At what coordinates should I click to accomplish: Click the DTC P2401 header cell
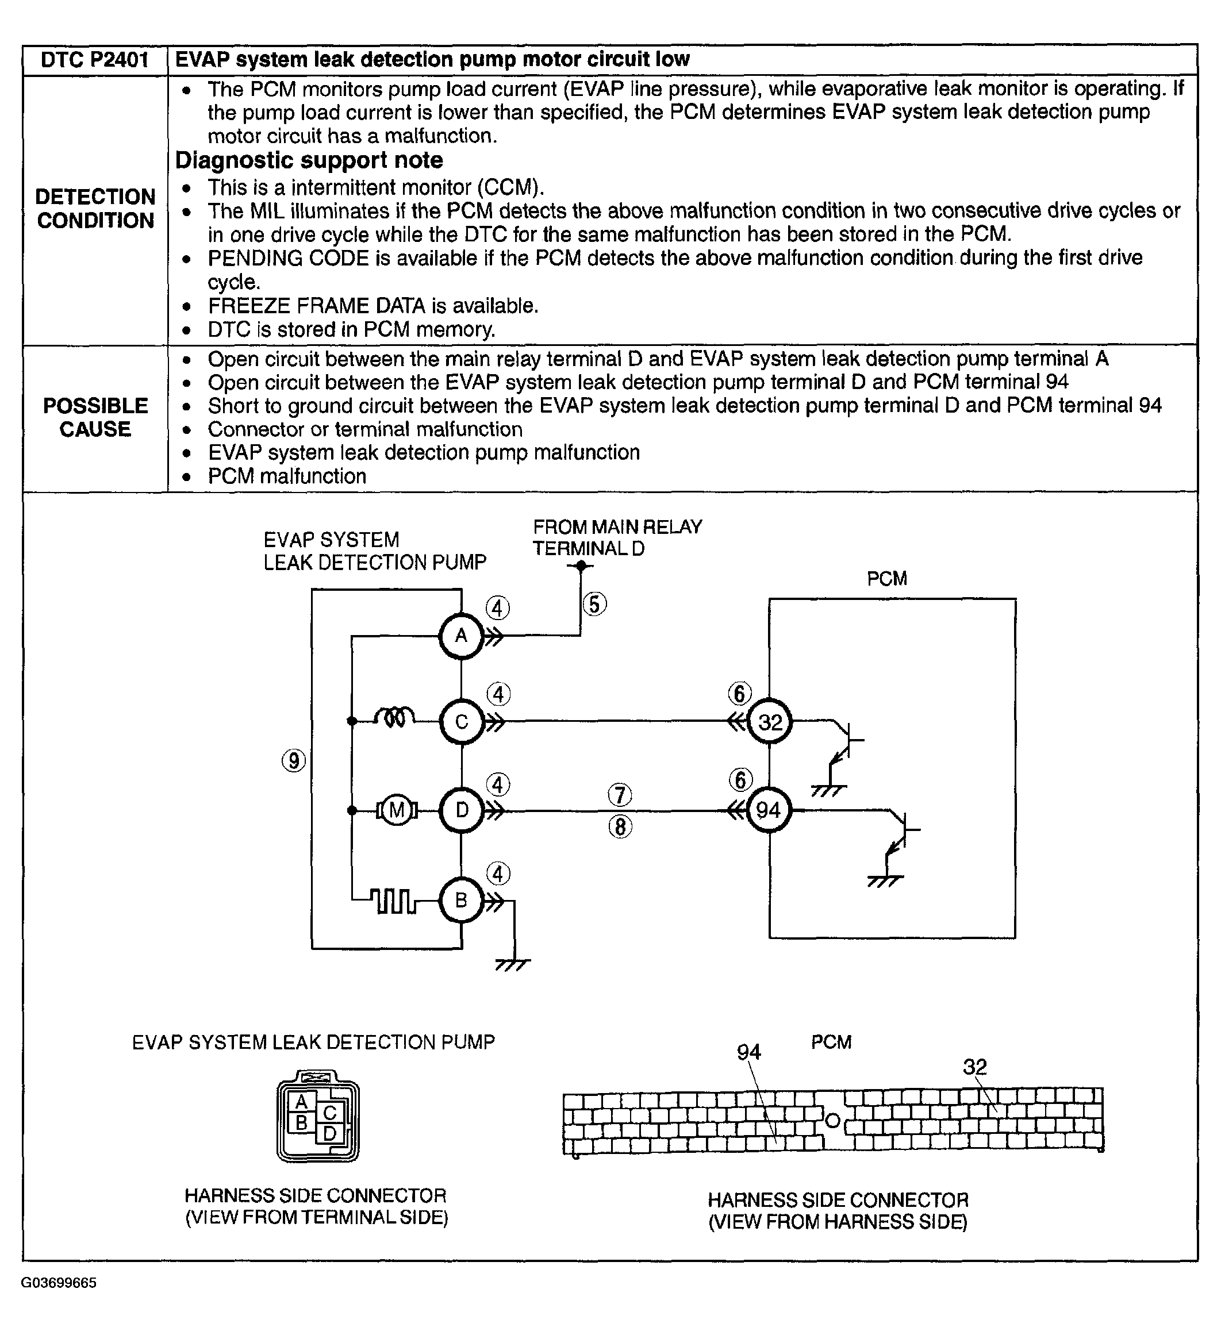(x=94, y=60)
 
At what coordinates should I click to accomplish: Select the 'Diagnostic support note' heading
(x=309, y=160)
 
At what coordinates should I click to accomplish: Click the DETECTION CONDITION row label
(x=95, y=208)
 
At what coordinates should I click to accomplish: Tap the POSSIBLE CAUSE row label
(x=95, y=417)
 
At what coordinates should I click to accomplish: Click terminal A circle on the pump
(x=461, y=636)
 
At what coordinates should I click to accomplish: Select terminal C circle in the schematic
(x=461, y=721)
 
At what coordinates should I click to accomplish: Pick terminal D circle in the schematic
(x=461, y=810)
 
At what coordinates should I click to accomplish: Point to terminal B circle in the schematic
(x=461, y=899)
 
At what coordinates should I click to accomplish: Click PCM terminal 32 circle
(x=770, y=721)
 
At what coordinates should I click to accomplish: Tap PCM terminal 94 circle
(x=769, y=810)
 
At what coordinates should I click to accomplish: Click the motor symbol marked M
(x=397, y=810)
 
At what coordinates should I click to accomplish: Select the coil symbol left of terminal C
(x=394, y=717)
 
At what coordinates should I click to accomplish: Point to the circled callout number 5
(x=594, y=605)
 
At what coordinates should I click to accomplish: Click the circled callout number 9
(x=294, y=761)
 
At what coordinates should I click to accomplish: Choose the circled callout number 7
(x=620, y=795)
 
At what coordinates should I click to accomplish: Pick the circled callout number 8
(x=620, y=826)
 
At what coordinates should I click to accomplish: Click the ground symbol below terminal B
(x=513, y=965)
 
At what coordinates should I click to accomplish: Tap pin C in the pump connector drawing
(x=330, y=1113)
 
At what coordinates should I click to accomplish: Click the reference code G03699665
(x=59, y=1283)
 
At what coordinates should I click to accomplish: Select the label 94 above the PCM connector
(x=748, y=1052)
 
